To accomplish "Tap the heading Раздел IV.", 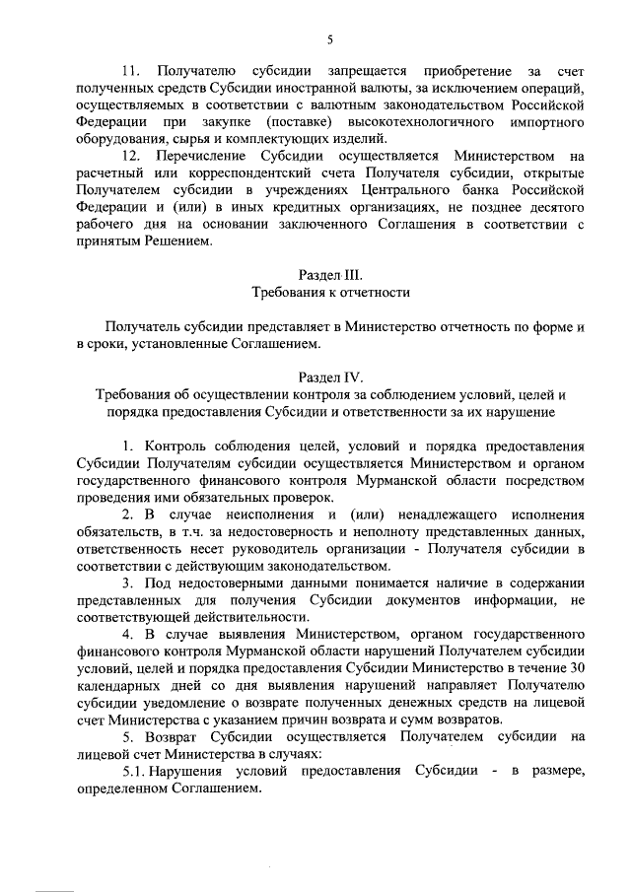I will click(x=330, y=377).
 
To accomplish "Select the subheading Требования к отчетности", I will click(x=330, y=292).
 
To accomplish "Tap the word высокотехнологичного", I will click(x=429, y=122).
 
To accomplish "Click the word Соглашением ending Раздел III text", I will click(x=270, y=343).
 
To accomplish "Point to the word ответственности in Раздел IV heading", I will click(x=411, y=411).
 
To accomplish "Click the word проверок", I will click(x=296, y=497).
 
